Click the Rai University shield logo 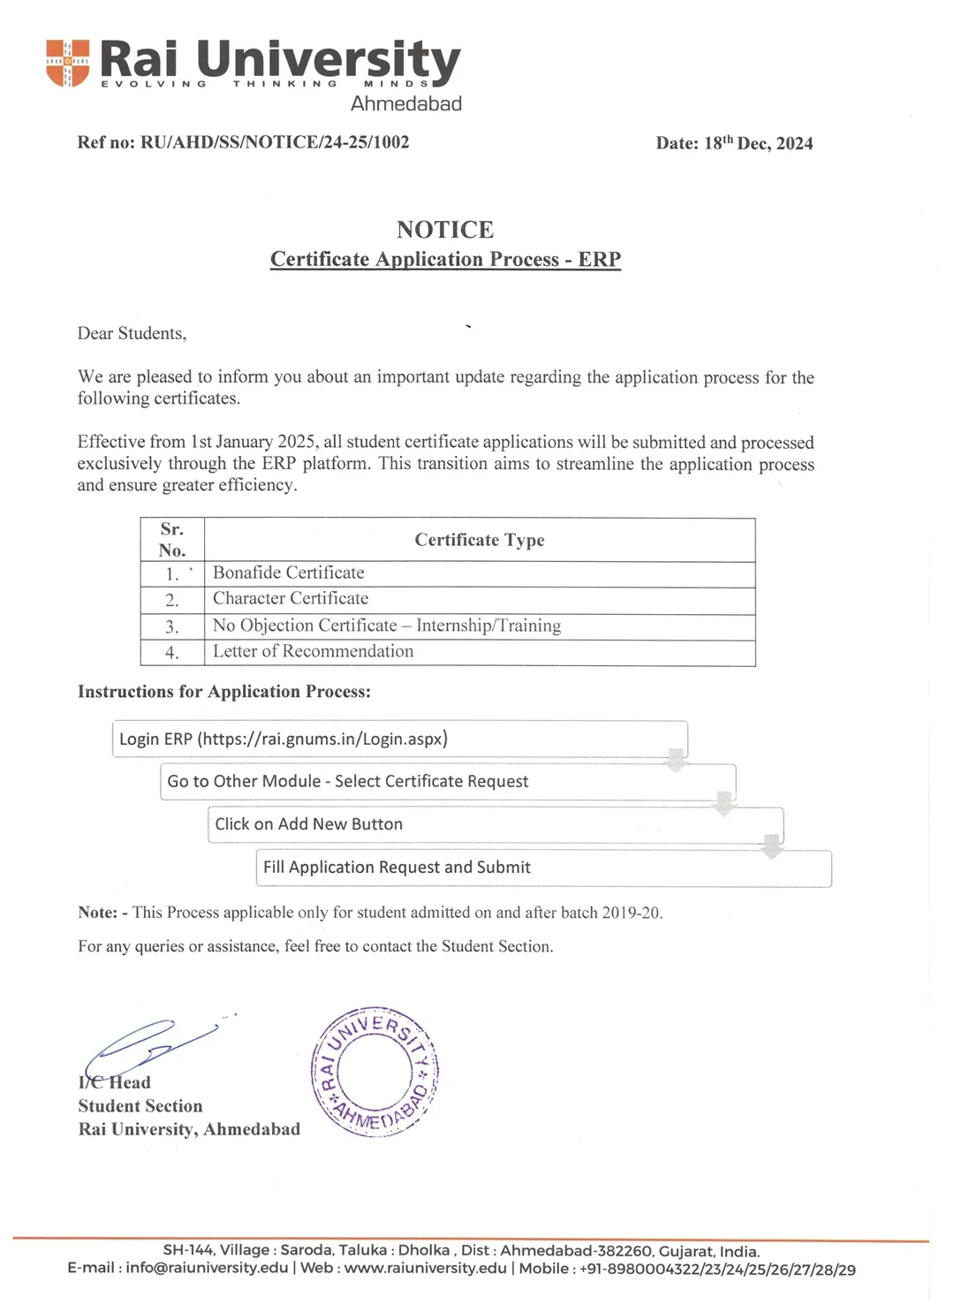point(68,63)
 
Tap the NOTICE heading point(445,230)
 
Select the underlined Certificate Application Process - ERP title point(445,259)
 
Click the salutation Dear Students point(132,333)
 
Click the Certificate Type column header point(480,540)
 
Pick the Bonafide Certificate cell point(289,573)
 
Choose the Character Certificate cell point(291,598)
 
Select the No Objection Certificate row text point(387,626)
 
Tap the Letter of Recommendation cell point(313,651)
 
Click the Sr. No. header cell point(172,540)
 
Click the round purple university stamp point(375,1072)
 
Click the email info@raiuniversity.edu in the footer point(207,1268)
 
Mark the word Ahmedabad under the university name point(406,103)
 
